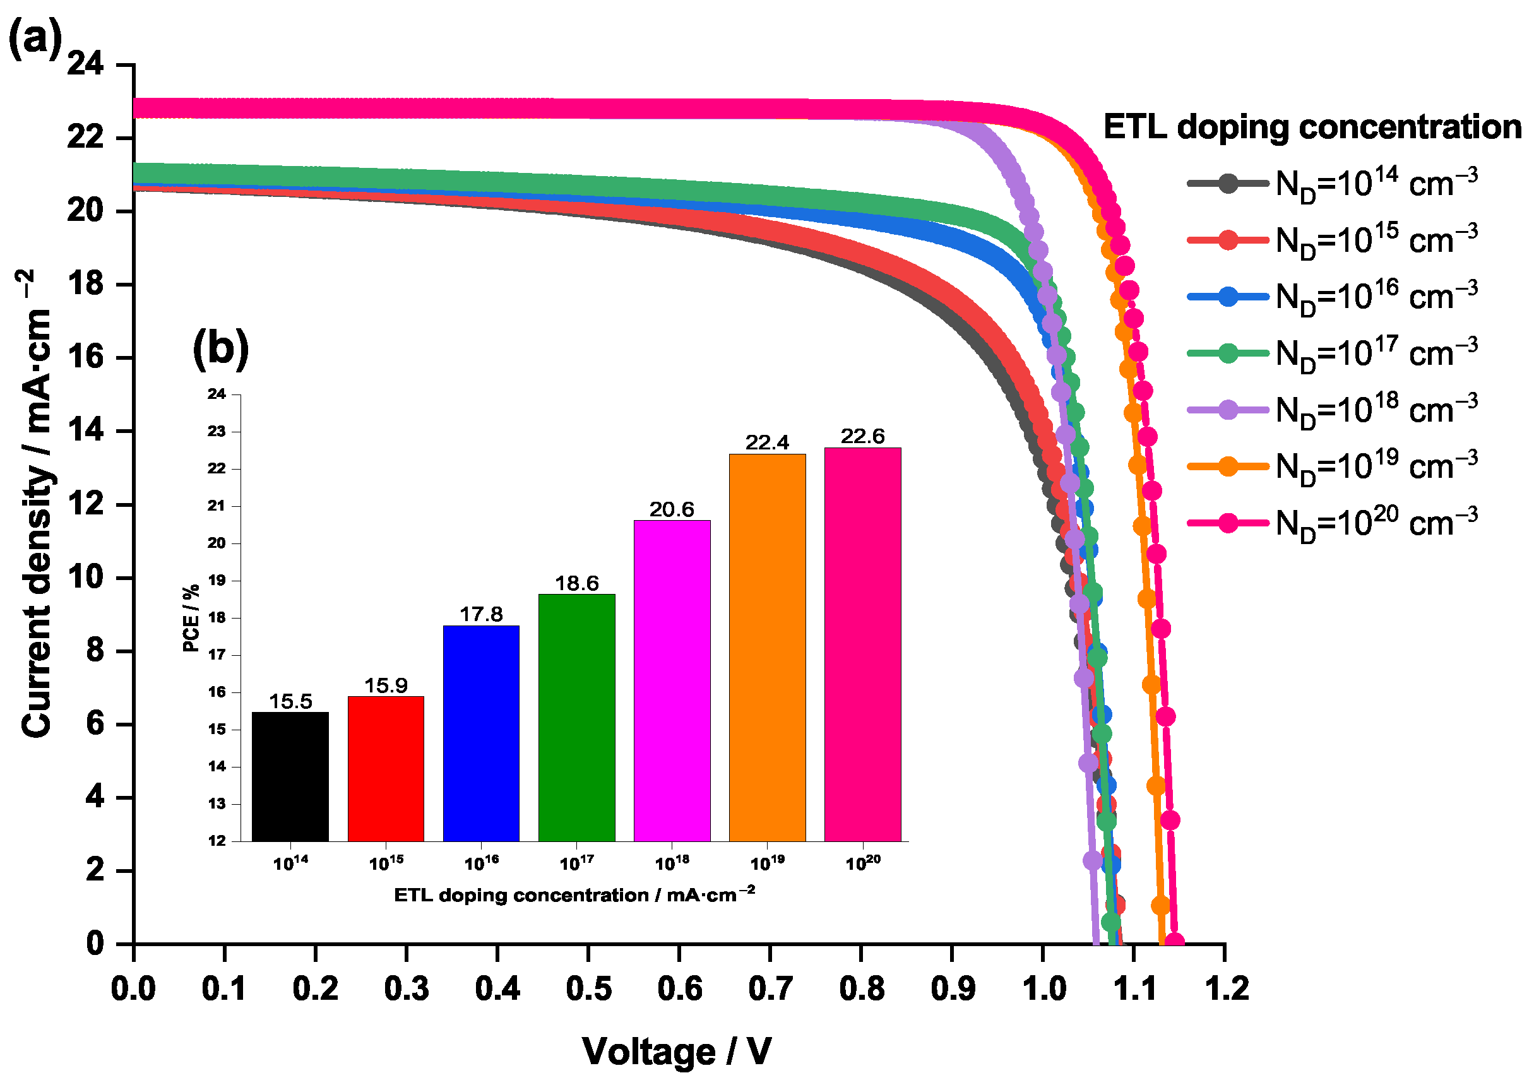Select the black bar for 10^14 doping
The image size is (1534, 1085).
coord(290,776)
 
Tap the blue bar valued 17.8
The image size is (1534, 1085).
coord(481,733)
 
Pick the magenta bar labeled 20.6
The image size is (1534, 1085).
coord(672,680)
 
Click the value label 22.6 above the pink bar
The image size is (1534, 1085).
coord(862,436)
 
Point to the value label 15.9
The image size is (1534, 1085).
coord(386,685)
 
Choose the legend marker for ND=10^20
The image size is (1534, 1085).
coord(1228,523)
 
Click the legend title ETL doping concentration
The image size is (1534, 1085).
coord(1312,127)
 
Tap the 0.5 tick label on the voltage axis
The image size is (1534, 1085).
coord(588,989)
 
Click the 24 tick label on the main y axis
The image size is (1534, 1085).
coord(85,65)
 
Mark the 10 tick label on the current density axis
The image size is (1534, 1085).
coord(85,578)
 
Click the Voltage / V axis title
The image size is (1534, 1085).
coord(677,1052)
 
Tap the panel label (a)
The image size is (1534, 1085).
coord(35,39)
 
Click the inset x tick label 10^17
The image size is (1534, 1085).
coord(576,864)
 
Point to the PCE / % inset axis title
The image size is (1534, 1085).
coord(191,618)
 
